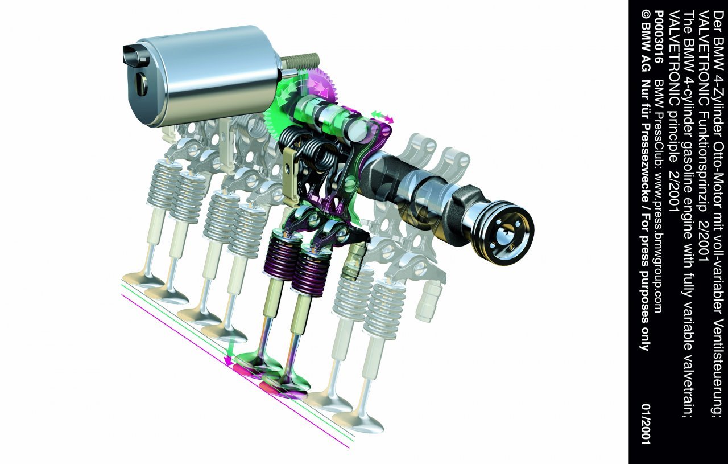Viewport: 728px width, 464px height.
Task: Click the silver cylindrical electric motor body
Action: pyautogui.click(x=208, y=76)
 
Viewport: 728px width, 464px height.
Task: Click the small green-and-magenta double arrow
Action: pyautogui.click(x=383, y=116)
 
